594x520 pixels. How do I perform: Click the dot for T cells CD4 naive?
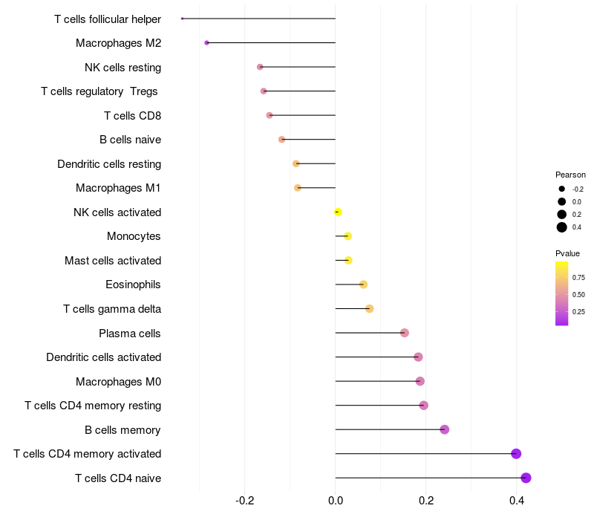pyautogui.click(x=526, y=478)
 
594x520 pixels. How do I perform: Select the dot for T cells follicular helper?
pyautogui.click(x=182, y=18)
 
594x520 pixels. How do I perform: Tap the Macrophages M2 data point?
pyautogui.click(x=206, y=43)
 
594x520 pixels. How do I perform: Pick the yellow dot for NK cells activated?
pyautogui.click(x=338, y=212)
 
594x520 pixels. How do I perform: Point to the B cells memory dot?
pyautogui.click(x=445, y=429)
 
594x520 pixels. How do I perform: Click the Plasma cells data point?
pyautogui.click(x=405, y=333)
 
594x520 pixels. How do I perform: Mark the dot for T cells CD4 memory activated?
pyautogui.click(x=516, y=454)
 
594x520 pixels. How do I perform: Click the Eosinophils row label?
pyautogui.click(x=133, y=285)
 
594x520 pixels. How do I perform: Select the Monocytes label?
pyautogui.click(x=134, y=236)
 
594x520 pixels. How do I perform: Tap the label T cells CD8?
pyautogui.click(x=132, y=116)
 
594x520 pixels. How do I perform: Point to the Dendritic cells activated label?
pyautogui.click(x=103, y=357)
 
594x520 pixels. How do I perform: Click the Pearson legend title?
pyautogui.click(x=570, y=175)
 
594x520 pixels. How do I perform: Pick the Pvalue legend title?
pyautogui.click(x=567, y=253)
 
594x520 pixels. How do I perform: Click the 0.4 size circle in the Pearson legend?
pyautogui.click(x=562, y=227)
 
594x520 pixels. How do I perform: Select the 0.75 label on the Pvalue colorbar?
pyautogui.click(x=578, y=278)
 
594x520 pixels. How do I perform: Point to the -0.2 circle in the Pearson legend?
pyautogui.click(x=562, y=189)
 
